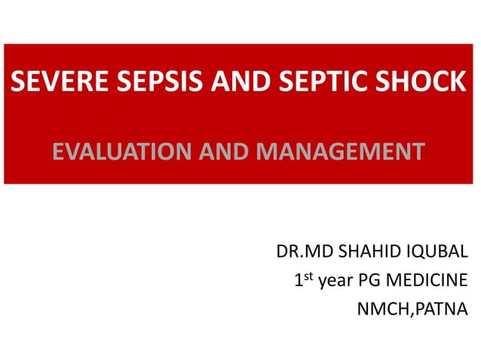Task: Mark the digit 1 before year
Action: [299, 282]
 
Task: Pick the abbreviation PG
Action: [369, 282]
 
